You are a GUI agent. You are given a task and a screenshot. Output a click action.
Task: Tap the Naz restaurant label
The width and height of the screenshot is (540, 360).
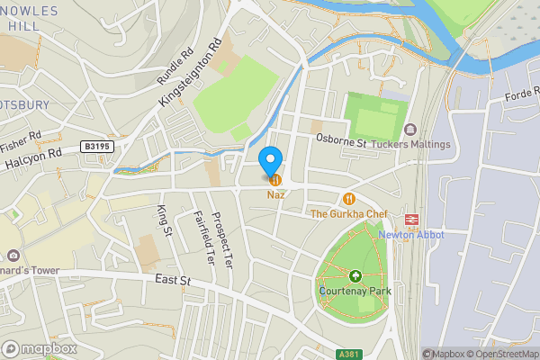point(274,195)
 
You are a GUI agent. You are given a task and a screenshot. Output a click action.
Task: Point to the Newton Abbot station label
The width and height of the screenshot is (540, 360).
point(411,235)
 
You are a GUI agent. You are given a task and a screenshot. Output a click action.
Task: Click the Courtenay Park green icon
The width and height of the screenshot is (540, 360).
point(355,276)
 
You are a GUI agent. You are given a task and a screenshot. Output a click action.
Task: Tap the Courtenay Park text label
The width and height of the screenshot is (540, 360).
point(355,291)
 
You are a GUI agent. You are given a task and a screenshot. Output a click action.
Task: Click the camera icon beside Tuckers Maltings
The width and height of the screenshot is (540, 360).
point(410,130)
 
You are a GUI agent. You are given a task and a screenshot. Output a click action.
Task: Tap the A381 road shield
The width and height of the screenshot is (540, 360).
point(351,355)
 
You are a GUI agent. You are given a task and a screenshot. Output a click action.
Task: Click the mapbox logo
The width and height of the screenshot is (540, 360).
point(40,348)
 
